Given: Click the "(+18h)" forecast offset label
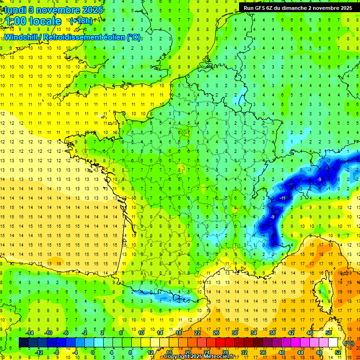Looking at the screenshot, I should pyautogui.click(x=81, y=21).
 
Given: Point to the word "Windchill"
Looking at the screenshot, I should pyautogui.click(x=21, y=37).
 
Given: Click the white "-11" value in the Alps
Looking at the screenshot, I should pyautogui.click(x=283, y=198).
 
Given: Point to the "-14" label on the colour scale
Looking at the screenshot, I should pyautogui.click(x=30, y=332).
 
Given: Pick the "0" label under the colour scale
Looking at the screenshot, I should pyautogui.click(x=93, y=352).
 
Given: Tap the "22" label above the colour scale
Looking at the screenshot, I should pyautogui.click(x=197, y=332).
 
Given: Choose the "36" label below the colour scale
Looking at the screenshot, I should pyautogui.click(x=262, y=352).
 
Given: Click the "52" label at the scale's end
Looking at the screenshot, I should pyautogui.click(x=337, y=352).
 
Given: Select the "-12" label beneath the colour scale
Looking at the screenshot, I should pyautogui.click(x=39, y=352).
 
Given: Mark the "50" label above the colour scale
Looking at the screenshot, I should pyautogui.click(x=328, y=332).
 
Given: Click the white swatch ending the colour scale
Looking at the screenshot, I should pyautogui.click(x=333, y=343).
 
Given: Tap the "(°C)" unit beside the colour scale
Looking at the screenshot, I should pyautogui.click(x=349, y=343).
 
